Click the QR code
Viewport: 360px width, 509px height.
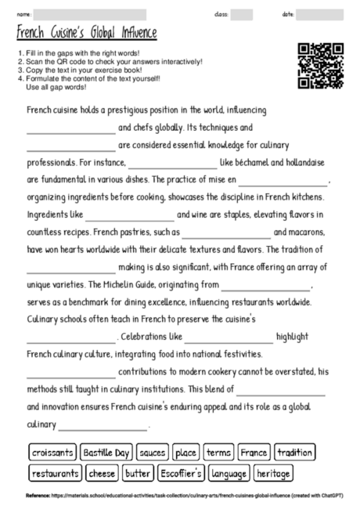tap(321, 66)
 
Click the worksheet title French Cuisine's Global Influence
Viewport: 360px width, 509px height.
tap(87, 33)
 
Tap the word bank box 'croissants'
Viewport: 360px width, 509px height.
tap(53, 453)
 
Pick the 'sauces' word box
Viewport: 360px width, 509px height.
tap(152, 453)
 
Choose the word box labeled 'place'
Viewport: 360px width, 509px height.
tap(186, 453)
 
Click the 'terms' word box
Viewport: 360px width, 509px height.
tap(218, 453)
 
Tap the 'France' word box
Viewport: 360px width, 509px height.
tap(254, 453)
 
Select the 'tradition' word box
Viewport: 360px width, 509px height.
tap(295, 453)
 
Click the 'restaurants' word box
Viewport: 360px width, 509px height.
tap(56, 473)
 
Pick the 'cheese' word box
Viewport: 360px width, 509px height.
tap(102, 473)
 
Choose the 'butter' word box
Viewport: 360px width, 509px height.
tap(138, 473)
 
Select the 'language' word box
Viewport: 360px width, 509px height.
tap(229, 473)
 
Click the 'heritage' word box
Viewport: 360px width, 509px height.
tap(273, 473)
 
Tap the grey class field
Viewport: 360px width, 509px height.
tap(242, 14)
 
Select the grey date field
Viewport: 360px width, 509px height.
tap(320, 14)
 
